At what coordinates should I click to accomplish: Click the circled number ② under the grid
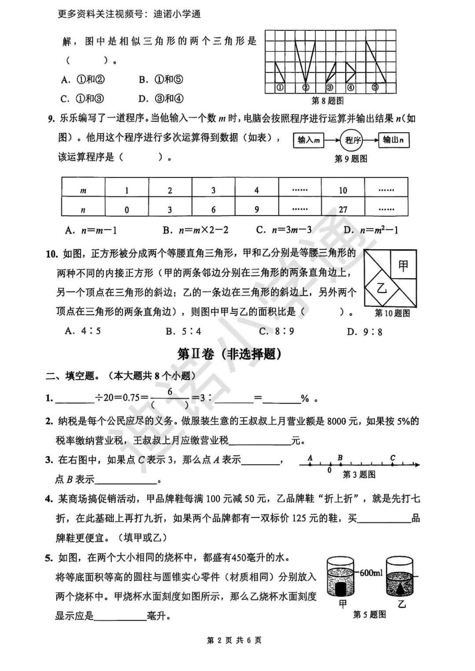coord(306,87)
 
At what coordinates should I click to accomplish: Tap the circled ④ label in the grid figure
coord(351,87)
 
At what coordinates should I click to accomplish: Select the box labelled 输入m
coord(308,140)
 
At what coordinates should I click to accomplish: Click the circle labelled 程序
coord(353,140)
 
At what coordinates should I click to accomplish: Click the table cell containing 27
coord(343,210)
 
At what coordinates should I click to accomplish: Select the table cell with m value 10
coord(343,190)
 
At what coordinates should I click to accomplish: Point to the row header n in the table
coord(83,210)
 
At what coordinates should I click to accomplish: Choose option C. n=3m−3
coord(284,230)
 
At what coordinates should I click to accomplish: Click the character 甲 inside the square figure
coord(403,265)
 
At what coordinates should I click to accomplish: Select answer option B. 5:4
coord(183,331)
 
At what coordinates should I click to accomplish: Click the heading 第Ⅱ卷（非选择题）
coord(229,354)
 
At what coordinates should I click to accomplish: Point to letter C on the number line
coord(393,458)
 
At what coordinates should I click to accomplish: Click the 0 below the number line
coord(329,471)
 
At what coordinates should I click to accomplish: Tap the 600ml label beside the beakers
coord(371,573)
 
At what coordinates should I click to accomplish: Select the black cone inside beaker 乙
coord(400,588)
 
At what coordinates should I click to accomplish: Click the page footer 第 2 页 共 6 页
coord(234,640)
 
